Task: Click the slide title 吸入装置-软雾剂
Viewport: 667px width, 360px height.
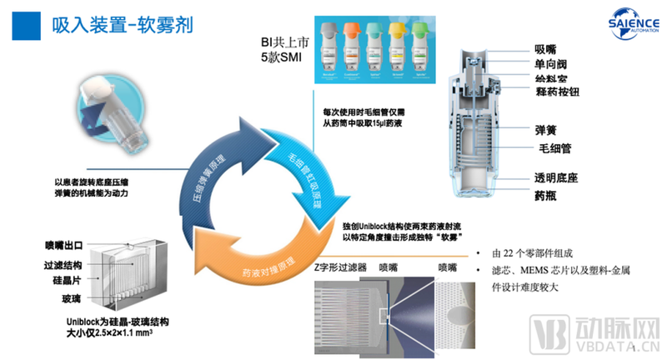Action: point(118,23)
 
